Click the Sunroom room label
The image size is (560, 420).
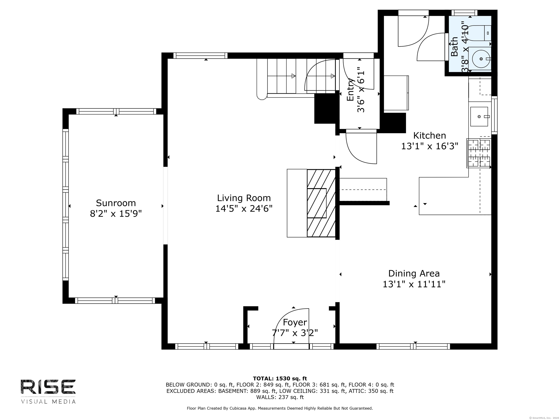[116, 203]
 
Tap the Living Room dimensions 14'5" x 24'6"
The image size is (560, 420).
[244, 209]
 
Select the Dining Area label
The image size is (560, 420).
[414, 273]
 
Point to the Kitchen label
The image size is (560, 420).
[430, 136]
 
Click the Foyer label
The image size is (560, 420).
[295, 322]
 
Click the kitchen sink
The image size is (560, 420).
[479, 116]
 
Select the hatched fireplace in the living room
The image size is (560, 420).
[321, 203]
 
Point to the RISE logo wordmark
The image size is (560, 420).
[48, 387]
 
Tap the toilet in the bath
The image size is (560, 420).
[480, 33]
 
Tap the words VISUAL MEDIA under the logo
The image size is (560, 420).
[48, 402]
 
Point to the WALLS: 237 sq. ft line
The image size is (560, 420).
[280, 397]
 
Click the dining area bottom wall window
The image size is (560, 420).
[413, 346]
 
